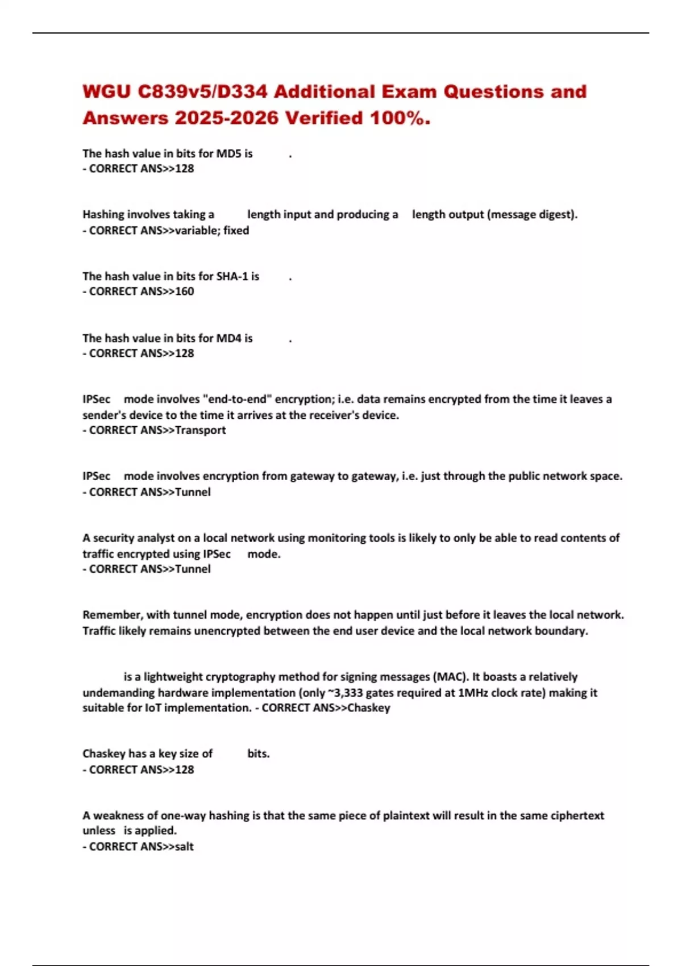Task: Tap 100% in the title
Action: pos(400,118)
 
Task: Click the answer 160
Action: pos(184,292)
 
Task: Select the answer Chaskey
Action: pos(369,708)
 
